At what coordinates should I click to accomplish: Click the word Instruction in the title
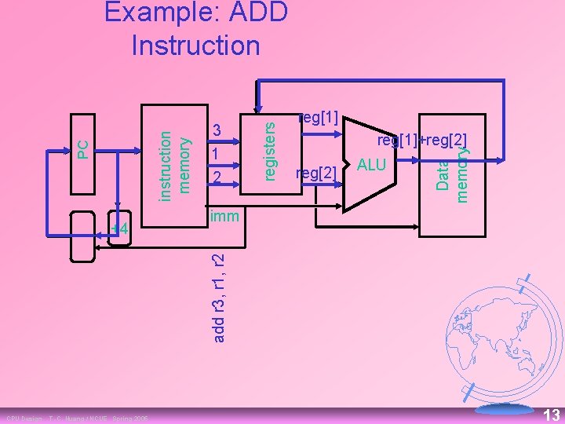(x=196, y=45)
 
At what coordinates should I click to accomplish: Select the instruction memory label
(x=174, y=163)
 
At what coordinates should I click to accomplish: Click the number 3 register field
(x=217, y=130)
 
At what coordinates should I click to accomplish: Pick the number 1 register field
(x=215, y=155)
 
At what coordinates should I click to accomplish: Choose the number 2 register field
(x=217, y=179)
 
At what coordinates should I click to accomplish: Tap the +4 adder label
(x=118, y=230)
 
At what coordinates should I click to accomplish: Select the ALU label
(x=371, y=164)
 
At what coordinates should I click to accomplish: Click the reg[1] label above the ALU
(x=319, y=119)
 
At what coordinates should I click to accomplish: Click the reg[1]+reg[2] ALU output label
(x=422, y=141)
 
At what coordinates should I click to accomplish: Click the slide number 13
(x=552, y=415)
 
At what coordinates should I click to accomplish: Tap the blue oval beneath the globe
(x=505, y=409)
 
